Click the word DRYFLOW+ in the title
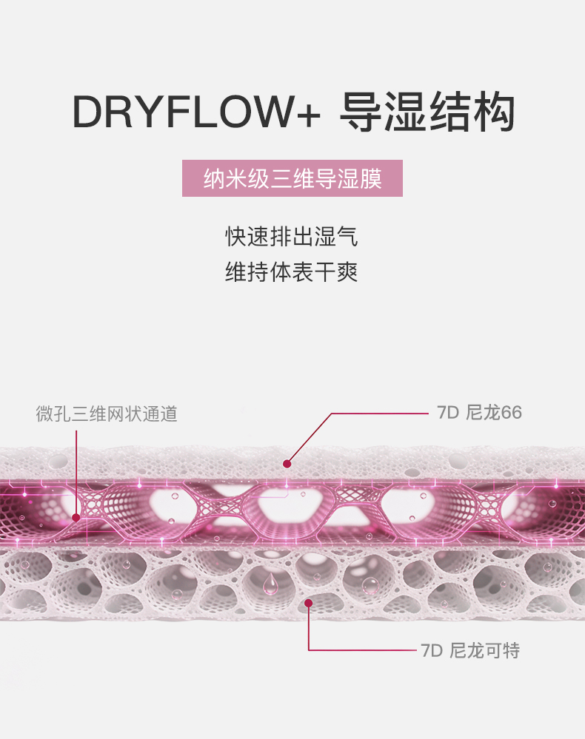point(196,112)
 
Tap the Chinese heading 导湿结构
point(427,112)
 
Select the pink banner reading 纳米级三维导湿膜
point(292,178)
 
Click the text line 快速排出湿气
point(292,236)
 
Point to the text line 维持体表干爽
point(292,272)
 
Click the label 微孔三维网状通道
point(107,414)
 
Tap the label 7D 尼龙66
point(479,412)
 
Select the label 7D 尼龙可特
point(470,650)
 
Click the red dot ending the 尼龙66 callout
point(287,464)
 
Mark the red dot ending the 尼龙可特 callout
point(309,603)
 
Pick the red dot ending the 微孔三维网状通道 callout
point(76,518)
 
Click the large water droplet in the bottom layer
point(270,584)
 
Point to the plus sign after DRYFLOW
point(309,114)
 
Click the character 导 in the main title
point(361,112)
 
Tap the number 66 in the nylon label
point(512,413)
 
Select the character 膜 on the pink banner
point(371,178)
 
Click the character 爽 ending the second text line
point(348,272)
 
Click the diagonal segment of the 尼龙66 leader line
point(310,439)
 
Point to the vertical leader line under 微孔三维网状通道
point(76,473)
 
